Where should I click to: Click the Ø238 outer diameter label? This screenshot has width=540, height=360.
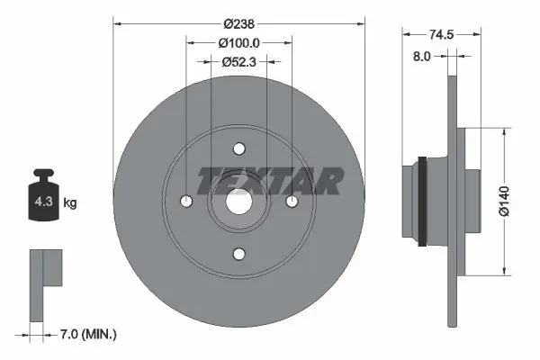(238, 24)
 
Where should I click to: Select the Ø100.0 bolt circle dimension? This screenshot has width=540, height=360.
(239, 43)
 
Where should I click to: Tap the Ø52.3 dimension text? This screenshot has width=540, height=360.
(239, 62)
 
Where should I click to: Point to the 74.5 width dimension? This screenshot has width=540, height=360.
(441, 34)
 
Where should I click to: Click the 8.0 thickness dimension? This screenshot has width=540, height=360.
(421, 56)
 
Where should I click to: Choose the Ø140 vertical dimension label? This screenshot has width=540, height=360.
(504, 202)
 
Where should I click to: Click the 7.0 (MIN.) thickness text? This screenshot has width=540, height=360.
(88, 334)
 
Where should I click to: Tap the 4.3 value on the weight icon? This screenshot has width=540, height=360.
(43, 202)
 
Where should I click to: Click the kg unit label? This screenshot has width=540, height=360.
(70, 202)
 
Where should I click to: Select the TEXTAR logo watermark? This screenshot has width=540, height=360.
(270, 181)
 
